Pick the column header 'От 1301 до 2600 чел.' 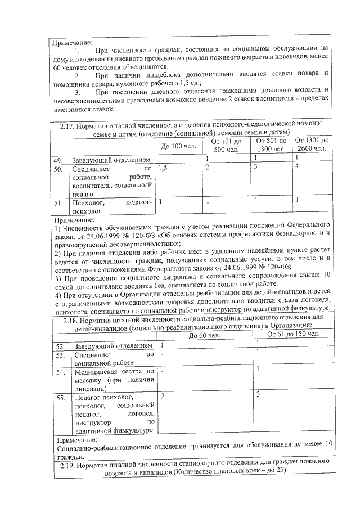tap(312, 144)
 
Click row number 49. tap(57, 160)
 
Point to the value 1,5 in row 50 tap(164, 168)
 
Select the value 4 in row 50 tap(297, 168)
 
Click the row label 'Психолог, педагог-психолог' tap(112, 206)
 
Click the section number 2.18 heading tap(66, 319)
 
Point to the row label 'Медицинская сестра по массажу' tap(114, 380)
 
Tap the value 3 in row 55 tap(258, 395)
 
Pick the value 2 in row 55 tap(163, 397)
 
